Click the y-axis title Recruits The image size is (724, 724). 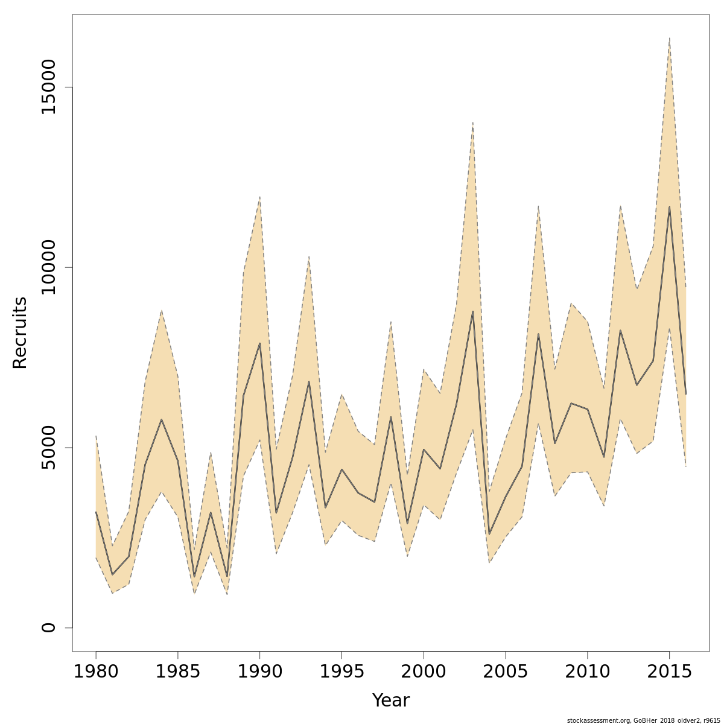(20, 332)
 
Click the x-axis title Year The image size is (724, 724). (390, 700)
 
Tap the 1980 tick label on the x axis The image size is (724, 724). (96, 671)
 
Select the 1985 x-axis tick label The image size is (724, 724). (178, 671)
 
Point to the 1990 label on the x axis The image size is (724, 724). (259, 671)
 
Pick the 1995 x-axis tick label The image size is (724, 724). (341, 671)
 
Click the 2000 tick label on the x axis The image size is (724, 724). (424, 671)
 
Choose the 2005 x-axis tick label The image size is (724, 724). (506, 671)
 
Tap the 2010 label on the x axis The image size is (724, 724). (587, 671)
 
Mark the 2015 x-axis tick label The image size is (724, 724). (669, 671)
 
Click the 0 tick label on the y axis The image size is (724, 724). (48, 627)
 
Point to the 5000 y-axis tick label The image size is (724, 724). (48, 448)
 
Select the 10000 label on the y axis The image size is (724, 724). (48, 267)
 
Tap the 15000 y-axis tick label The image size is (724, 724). (48, 87)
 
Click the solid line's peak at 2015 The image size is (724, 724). (669, 207)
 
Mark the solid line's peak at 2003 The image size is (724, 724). (473, 311)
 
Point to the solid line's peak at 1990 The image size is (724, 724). (259, 343)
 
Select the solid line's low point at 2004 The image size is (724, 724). (489, 534)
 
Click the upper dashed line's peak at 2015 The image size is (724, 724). (669, 38)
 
